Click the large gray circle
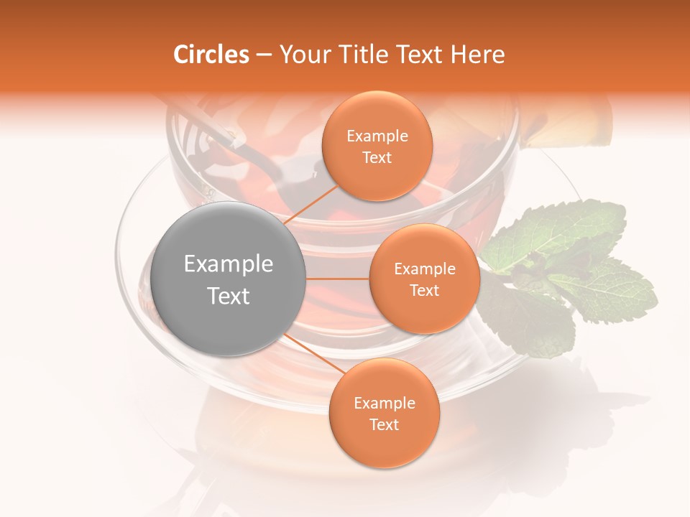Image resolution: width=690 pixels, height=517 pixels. pyautogui.click(x=228, y=279)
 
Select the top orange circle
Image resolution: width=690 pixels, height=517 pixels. pyautogui.click(x=377, y=146)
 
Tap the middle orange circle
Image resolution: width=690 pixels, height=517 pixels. pyautogui.click(x=424, y=279)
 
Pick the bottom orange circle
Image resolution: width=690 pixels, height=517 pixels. pyautogui.click(x=384, y=413)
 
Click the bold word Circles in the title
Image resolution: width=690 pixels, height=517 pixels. pyautogui.click(x=211, y=55)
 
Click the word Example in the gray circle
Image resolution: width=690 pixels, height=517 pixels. pyautogui.click(x=228, y=264)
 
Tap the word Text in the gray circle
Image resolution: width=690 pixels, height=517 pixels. pyautogui.click(x=228, y=296)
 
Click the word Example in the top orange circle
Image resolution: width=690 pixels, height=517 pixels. pyautogui.click(x=377, y=136)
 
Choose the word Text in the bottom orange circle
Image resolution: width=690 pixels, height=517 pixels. pyautogui.click(x=384, y=424)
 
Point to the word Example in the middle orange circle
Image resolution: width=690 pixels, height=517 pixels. pyautogui.click(x=424, y=269)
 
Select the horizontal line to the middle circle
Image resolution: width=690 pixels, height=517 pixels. pyautogui.click(x=337, y=278)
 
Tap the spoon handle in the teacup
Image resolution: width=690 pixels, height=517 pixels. pyautogui.click(x=216, y=129)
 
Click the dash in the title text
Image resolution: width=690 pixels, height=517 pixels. pyautogui.click(x=263, y=55)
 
